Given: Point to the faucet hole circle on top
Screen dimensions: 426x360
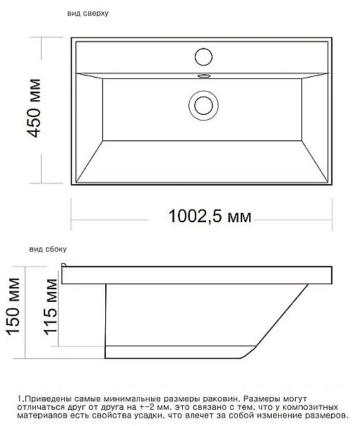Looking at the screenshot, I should pos(203,56).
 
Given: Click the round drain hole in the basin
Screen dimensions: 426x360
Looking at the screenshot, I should pos(203,104).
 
